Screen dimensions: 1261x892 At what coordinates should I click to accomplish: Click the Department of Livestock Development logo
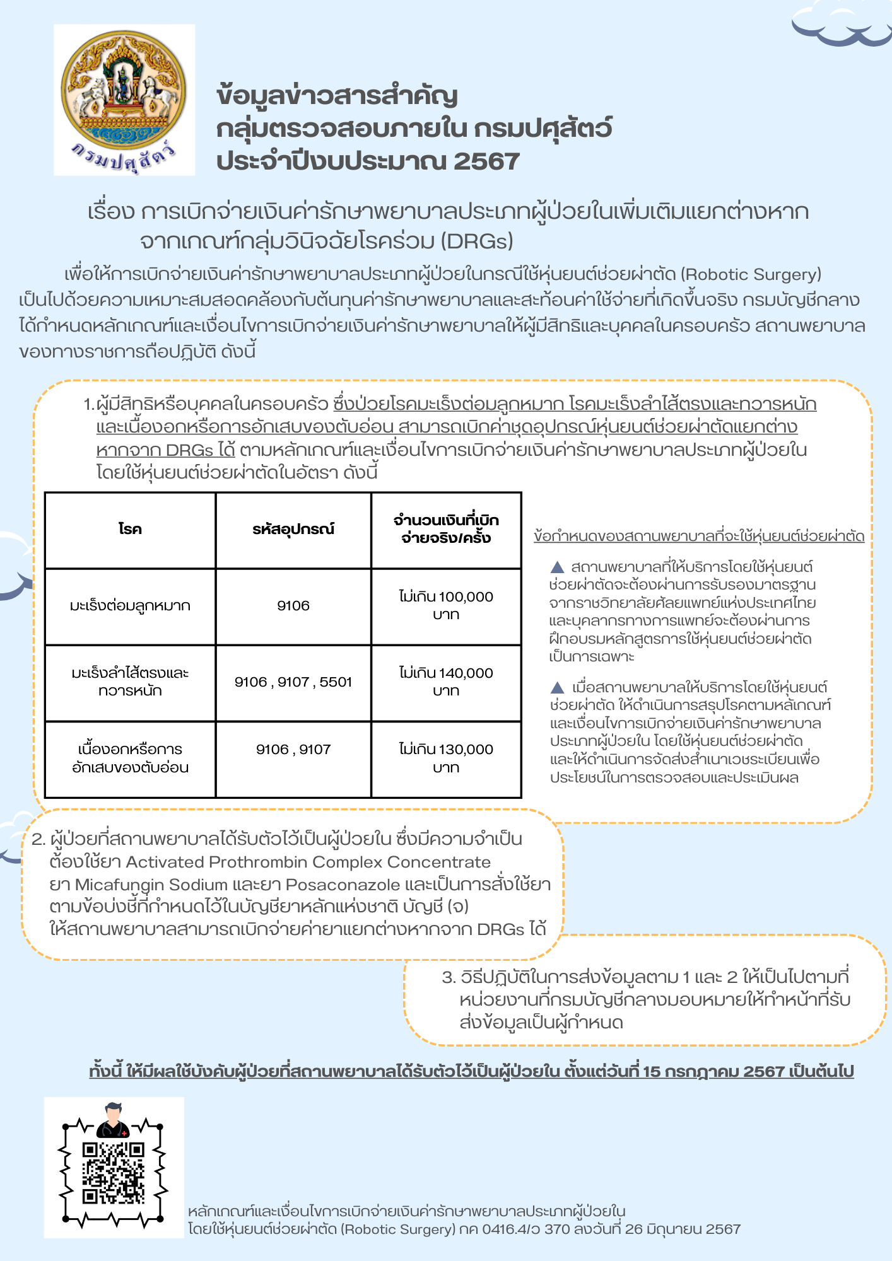pos(124,99)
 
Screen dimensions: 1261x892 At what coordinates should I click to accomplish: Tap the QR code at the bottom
pos(114,1173)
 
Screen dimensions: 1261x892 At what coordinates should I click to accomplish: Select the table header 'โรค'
pos(130,529)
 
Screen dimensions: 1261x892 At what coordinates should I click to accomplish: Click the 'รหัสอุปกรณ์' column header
pos(293,529)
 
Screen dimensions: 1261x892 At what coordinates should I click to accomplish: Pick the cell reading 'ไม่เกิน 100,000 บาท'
pos(446,605)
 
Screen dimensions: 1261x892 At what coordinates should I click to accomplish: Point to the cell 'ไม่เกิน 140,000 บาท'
pos(446,682)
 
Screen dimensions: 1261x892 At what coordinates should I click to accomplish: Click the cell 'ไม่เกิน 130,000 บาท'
pos(446,758)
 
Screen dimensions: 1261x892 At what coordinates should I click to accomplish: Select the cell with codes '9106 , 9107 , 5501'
pos(293,682)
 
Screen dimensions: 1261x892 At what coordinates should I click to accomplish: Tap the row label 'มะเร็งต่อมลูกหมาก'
pos(130,606)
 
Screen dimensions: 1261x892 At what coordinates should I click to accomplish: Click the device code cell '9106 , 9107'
pos(293,750)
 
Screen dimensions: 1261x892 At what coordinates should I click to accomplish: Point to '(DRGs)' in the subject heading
pos(477,241)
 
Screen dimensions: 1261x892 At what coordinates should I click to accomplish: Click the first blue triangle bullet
pos(558,566)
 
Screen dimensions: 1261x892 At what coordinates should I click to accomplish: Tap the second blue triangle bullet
pos(558,687)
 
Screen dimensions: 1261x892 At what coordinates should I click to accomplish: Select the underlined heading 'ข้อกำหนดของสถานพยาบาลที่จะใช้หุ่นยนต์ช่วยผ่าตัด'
pos(699,536)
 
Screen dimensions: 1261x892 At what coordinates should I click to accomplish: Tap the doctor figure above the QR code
pos(113,1120)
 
